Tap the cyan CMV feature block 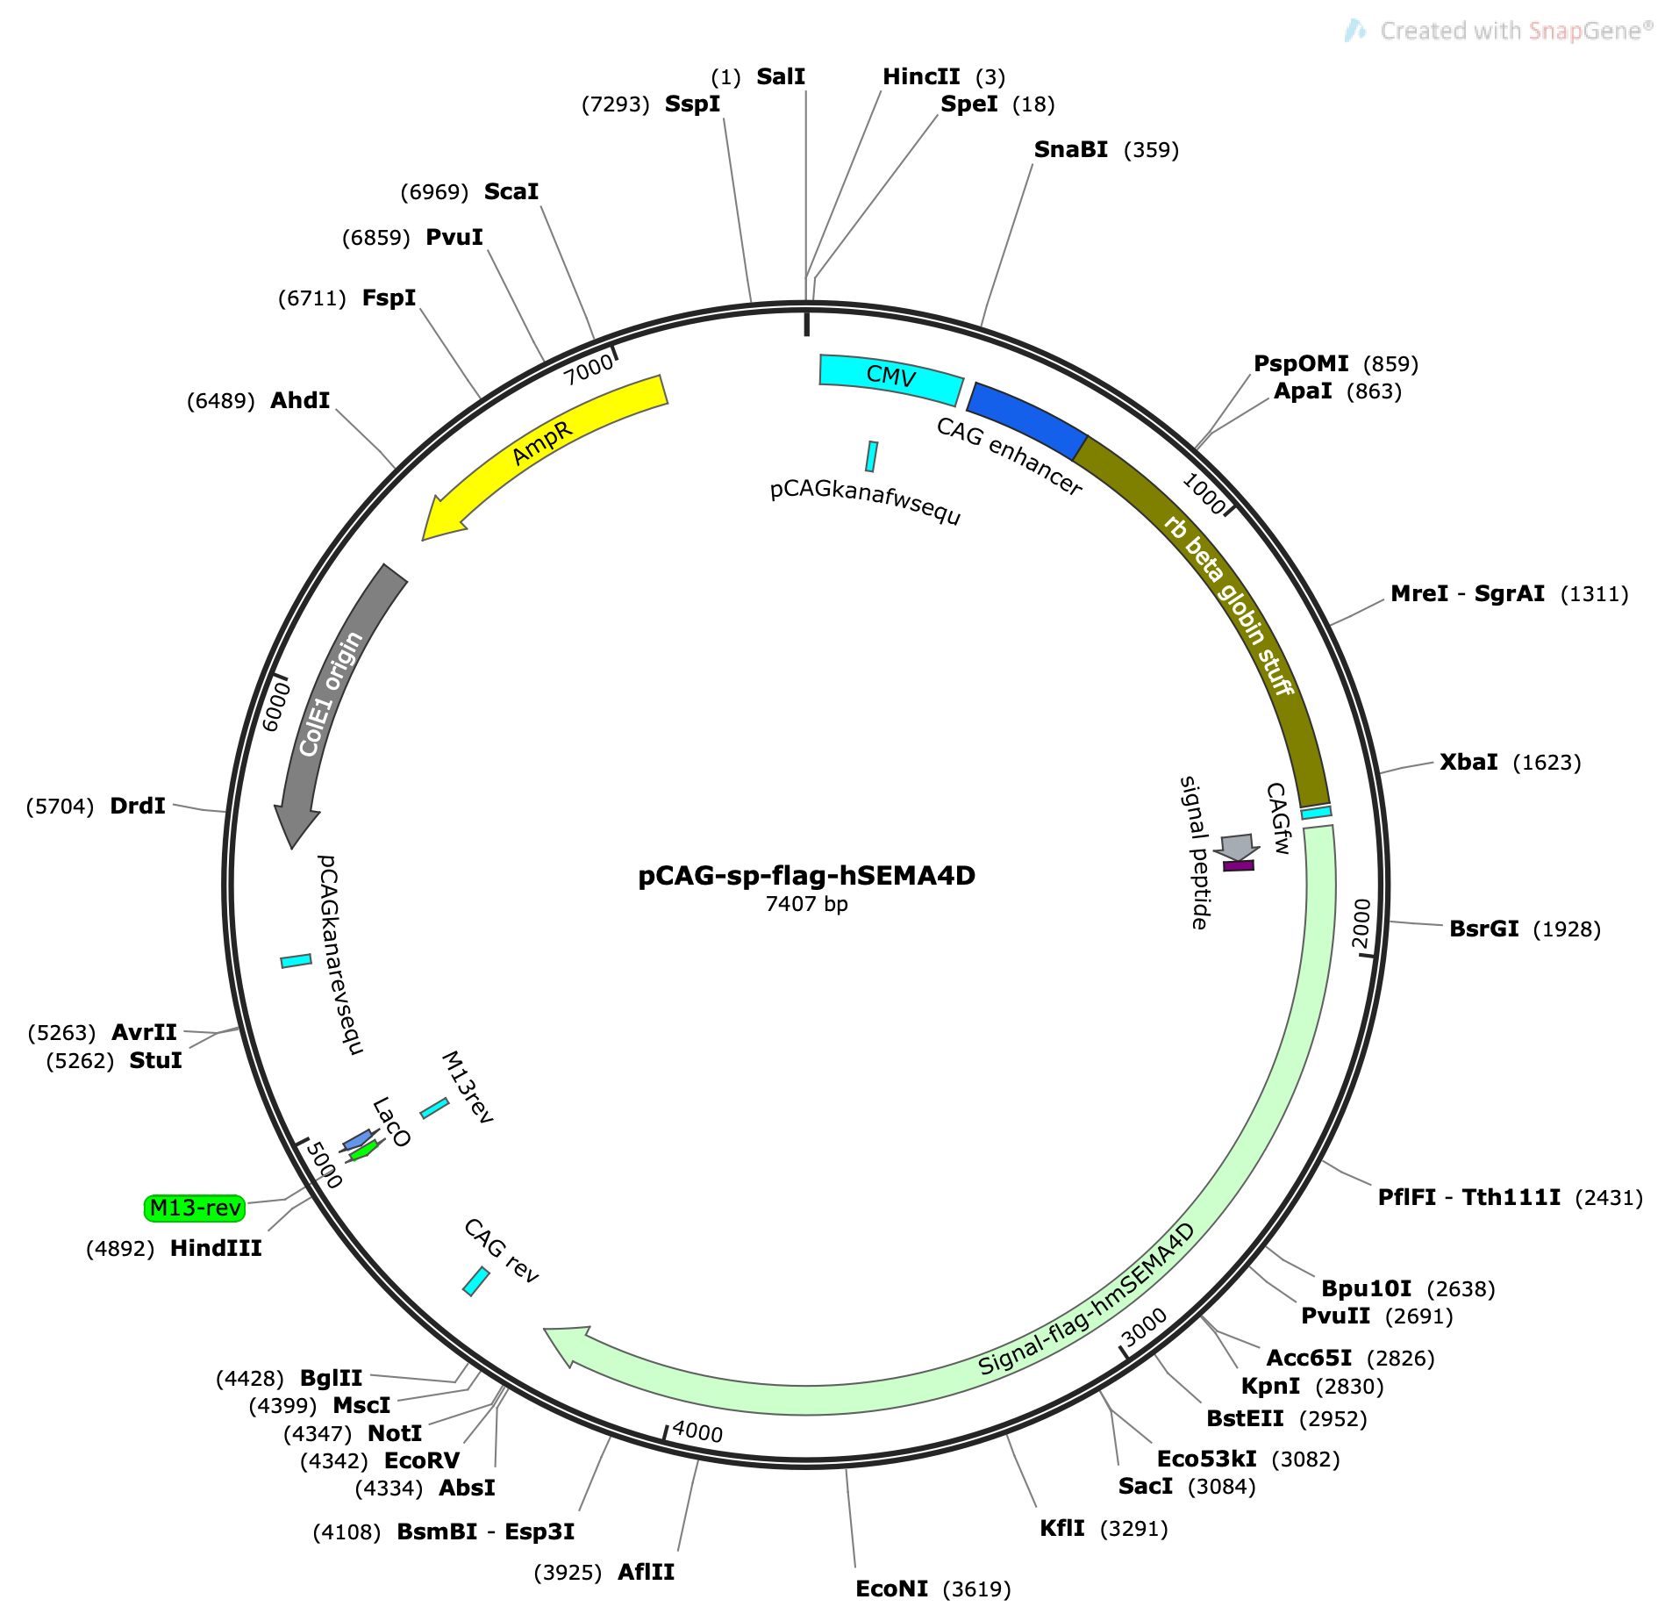[x=890, y=377]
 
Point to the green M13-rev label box [x=195, y=1209]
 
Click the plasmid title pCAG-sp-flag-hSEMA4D [x=806, y=876]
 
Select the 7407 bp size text [x=806, y=904]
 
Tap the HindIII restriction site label [x=216, y=1248]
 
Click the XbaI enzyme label [x=1468, y=762]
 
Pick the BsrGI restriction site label [x=1483, y=929]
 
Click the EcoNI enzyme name [x=891, y=1589]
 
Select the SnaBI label [x=1070, y=150]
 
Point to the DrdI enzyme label [x=138, y=806]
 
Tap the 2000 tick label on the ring [x=1361, y=923]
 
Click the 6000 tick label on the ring [x=275, y=707]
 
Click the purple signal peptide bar [x=1238, y=865]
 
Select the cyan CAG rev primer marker [x=475, y=1280]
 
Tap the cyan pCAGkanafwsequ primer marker [x=871, y=456]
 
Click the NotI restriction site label [x=395, y=1433]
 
